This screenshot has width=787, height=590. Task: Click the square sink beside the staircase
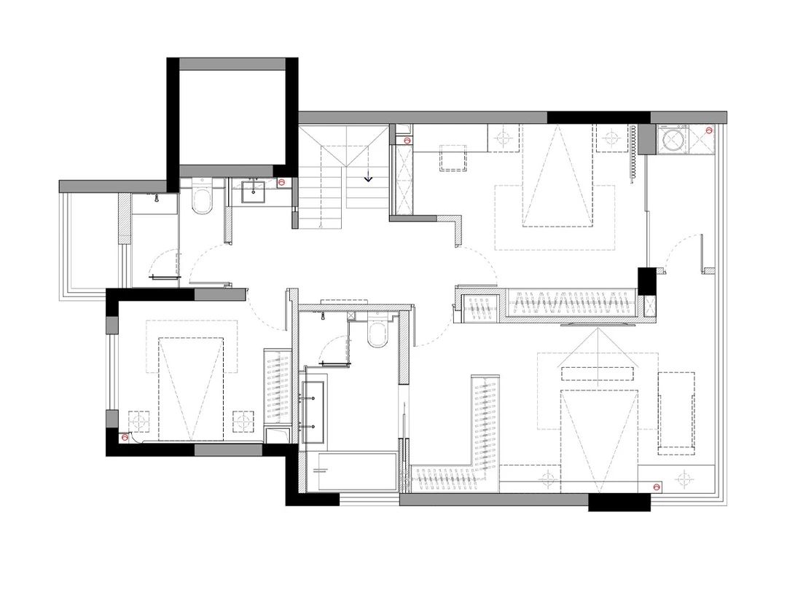point(254,191)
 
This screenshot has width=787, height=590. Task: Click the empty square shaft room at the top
point(232,117)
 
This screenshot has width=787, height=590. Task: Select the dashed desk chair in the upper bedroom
point(452,159)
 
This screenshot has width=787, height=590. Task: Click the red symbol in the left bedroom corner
point(125,438)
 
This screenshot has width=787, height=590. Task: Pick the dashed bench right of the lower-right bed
point(676,412)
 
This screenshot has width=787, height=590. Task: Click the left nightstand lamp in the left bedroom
point(138,421)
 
